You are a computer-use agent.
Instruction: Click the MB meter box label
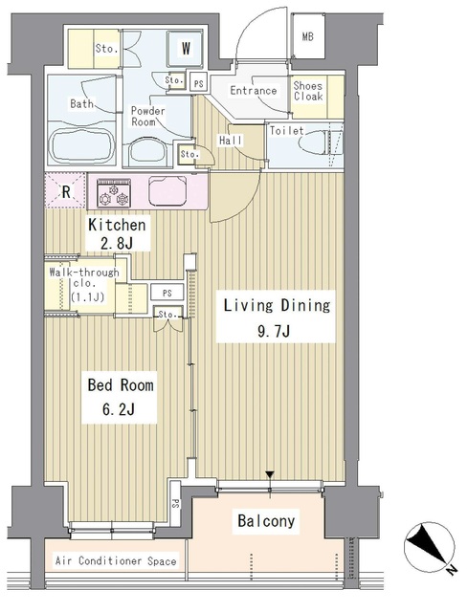(308, 36)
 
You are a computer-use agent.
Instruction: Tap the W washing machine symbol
(185, 49)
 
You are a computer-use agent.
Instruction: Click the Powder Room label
(147, 117)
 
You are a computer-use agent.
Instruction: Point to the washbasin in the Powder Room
(147, 150)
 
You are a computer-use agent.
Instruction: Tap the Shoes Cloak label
(308, 92)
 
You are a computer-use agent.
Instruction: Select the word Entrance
(254, 91)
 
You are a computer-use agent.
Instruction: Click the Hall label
(231, 141)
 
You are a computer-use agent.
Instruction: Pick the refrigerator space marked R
(65, 191)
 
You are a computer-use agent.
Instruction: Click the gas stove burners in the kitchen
(114, 193)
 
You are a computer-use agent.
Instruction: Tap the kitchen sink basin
(167, 190)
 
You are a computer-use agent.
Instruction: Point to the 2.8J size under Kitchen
(117, 244)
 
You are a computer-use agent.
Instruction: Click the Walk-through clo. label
(84, 285)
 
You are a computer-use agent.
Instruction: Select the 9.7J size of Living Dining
(274, 332)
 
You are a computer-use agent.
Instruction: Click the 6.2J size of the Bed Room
(119, 410)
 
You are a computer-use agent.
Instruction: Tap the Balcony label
(266, 521)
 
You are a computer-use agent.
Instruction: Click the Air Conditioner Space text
(116, 561)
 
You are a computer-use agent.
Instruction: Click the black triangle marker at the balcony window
(270, 475)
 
